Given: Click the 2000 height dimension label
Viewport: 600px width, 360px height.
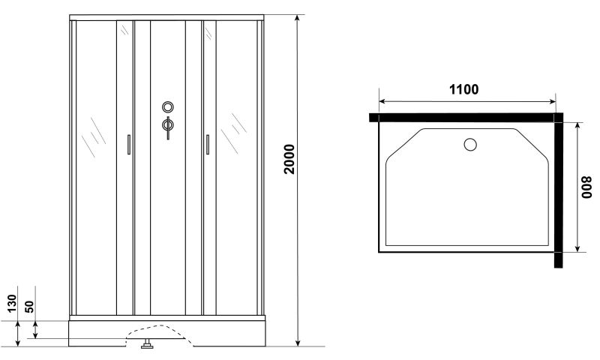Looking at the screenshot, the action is click(289, 159).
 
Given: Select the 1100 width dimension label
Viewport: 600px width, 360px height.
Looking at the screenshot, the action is click(463, 89).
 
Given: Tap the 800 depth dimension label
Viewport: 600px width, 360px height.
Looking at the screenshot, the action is click(586, 187).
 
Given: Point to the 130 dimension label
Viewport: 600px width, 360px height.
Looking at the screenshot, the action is click(12, 303).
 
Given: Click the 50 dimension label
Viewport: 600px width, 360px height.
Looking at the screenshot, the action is click(29, 307).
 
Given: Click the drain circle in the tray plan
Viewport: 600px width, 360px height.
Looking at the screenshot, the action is click(470, 144).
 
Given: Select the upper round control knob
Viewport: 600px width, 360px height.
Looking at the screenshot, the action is click(167, 106).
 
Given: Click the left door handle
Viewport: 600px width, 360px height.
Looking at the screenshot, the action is click(129, 145).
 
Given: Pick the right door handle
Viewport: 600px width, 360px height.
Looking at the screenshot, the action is click(208, 145).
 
